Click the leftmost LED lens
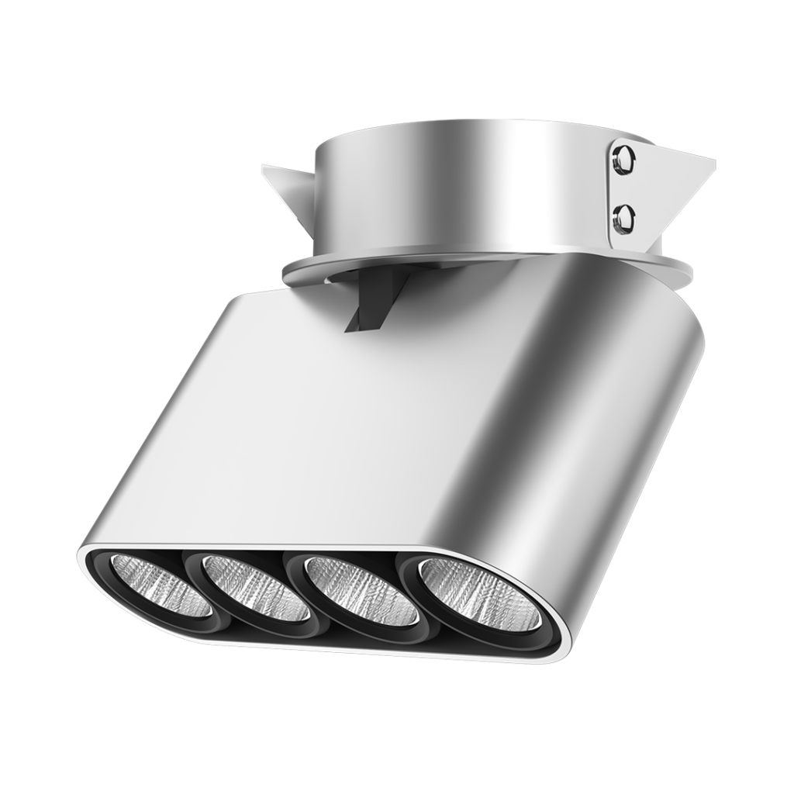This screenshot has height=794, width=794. [x=160, y=586]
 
